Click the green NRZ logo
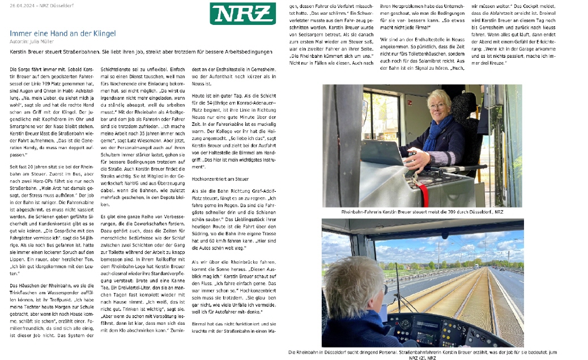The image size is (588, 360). click(x=235, y=13)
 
